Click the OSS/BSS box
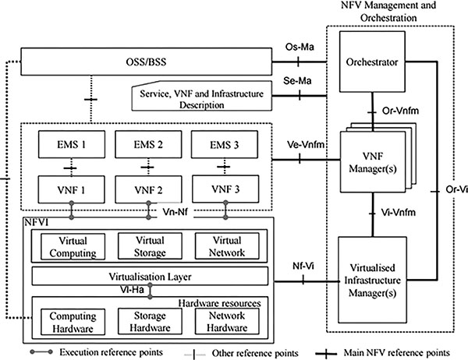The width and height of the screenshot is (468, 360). [x=147, y=62]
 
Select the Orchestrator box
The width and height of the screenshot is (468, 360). [x=372, y=62]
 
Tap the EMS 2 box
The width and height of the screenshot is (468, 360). [x=148, y=144]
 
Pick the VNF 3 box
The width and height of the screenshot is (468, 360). [x=225, y=189]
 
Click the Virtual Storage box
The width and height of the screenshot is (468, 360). [x=150, y=246]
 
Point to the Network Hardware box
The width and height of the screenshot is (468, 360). [x=227, y=321]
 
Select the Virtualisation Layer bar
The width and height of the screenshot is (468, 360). [x=150, y=276]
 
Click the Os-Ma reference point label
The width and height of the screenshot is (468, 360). [x=300, y=47]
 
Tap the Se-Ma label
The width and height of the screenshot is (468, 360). [x=297, y=80]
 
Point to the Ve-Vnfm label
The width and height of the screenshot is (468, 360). [x=306, y=145]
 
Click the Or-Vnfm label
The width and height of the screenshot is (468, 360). [x=400, y=111]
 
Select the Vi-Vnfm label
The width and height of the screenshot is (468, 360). [x=398, y=213]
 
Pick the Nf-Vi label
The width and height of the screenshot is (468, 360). [x=303, y=266]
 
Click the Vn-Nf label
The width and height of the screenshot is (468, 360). [x=175, y=212]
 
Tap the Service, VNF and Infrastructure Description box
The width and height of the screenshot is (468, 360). [x=202, y=96]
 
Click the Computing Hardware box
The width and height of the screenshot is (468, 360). [x=73, y=322]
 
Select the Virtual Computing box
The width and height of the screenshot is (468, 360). [x=73, y=247]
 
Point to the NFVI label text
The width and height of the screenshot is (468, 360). [x=36, y=222]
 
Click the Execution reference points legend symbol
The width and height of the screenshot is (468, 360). [x=41, y=352]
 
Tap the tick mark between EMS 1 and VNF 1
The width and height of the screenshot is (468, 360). [x=71, y=168]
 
